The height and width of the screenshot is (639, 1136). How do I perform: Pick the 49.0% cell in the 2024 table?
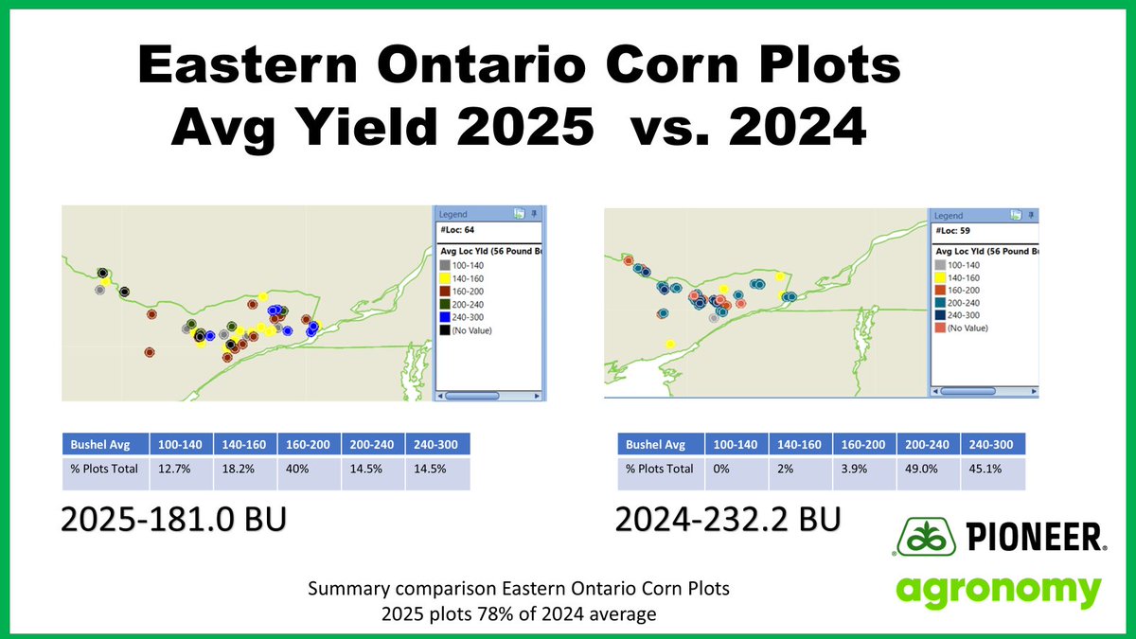929,469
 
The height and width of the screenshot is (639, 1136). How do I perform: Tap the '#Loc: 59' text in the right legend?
956,232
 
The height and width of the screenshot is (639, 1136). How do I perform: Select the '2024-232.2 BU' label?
724,520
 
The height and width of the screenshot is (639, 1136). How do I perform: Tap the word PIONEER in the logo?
1035,541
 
